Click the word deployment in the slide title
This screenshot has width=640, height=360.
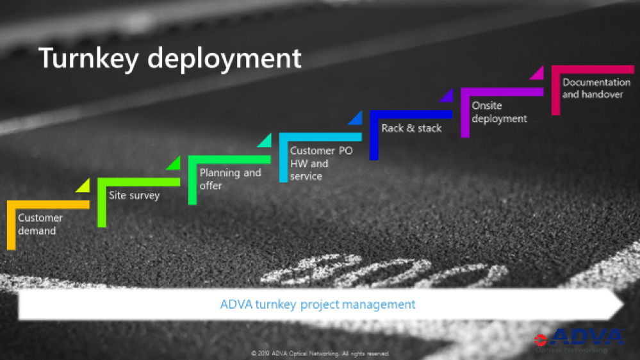click(224, 59)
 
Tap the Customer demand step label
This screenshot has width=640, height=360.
click(40, 224)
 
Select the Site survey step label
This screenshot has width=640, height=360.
click(134, 195)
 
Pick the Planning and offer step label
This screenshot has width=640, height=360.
click(230, 179)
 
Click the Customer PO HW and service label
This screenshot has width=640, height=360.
click(321, 163)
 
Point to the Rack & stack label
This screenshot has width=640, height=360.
click(411, 128)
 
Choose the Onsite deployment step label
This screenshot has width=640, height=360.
click(499, 112)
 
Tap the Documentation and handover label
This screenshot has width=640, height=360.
click(596, 88)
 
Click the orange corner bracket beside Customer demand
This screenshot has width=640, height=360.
click(11, 224)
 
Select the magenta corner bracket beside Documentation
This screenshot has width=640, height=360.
click(555, 90)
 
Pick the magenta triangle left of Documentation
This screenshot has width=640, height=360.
click(538, 74)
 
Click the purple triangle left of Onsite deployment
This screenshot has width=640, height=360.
click(447, 96)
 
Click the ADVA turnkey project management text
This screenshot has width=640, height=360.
click(318, 304)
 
